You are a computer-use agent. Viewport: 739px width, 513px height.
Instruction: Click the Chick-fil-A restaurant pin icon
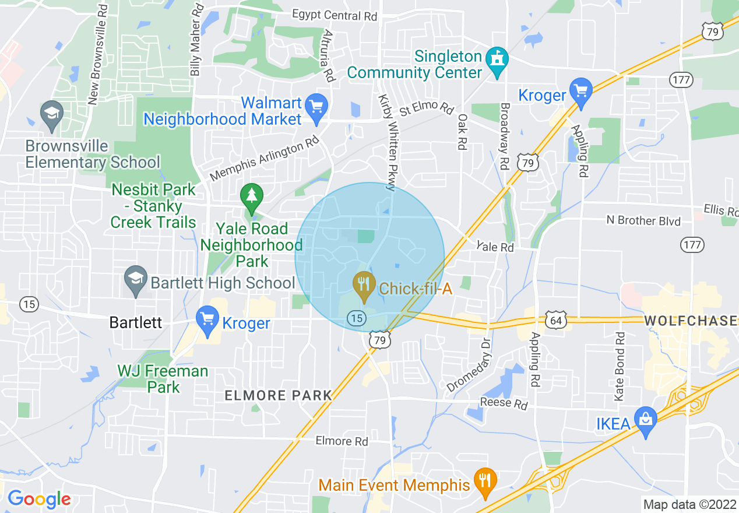(364, 284)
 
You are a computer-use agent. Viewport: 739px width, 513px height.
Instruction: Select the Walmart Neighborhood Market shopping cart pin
(316, 108)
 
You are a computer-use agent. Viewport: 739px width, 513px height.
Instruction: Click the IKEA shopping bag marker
(646, 420)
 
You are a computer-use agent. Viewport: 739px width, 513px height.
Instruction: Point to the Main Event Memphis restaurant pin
(485, 482)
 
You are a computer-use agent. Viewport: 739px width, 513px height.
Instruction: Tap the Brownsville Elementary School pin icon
(51, 114)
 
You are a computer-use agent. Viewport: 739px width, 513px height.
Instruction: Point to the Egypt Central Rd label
(335, 15)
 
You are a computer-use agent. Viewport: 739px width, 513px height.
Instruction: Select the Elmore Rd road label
(342, 441)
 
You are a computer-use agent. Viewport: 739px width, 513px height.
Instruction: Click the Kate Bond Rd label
(620, 366)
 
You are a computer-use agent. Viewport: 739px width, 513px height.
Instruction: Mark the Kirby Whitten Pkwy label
(387, 142)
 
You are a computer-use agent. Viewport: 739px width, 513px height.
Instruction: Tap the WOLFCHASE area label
(691, 321)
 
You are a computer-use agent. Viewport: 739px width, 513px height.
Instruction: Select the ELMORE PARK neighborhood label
(278, 396)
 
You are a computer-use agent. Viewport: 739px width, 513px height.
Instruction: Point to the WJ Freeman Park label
(163, 379)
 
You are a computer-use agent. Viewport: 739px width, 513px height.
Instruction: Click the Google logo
(39, 499)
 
